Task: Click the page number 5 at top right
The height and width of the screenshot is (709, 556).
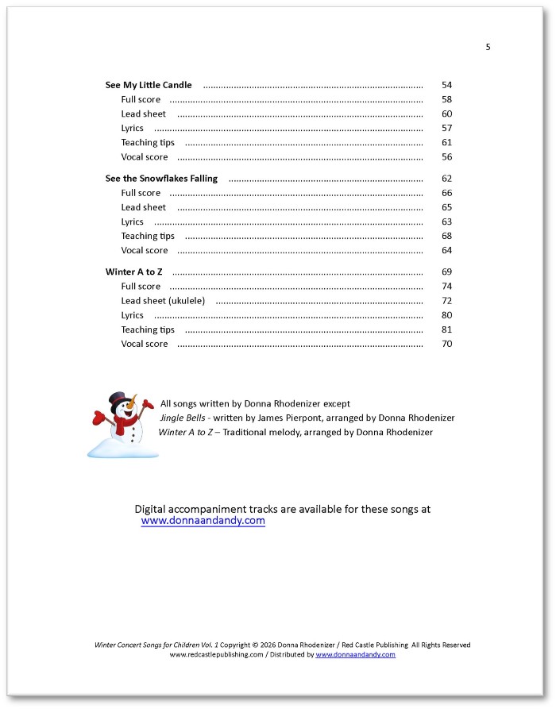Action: (488, 47)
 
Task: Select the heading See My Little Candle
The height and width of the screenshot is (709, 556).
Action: (149, 85)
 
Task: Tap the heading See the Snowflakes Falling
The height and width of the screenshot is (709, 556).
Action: (161, 179)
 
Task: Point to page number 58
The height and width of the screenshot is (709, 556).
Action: (446, 99)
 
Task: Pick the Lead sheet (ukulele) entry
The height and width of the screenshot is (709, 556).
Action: (163, 301)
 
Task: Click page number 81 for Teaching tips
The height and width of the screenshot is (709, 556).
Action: (446, 329)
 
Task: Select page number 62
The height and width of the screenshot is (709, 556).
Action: (446, 179)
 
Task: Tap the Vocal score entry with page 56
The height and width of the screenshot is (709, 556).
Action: (145, 157)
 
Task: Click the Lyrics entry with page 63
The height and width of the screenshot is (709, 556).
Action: (132, 222)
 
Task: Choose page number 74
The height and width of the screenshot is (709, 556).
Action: (446, 286)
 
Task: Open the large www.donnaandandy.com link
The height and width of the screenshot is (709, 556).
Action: (203, 522)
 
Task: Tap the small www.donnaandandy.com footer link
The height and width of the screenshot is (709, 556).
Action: (355, 655)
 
